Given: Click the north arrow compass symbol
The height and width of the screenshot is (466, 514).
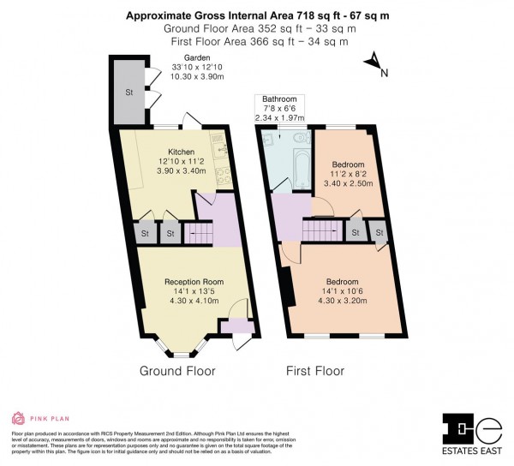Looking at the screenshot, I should (373, 61).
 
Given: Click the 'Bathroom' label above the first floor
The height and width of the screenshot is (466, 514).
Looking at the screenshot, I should (279, 99).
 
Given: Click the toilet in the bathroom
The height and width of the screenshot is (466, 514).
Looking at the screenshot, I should (298, 137).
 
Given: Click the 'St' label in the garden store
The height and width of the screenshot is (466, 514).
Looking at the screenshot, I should (128, 92).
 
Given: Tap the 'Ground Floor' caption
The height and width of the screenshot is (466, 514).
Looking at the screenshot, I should (177, 371).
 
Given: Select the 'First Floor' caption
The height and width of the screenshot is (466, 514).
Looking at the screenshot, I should (314, 371).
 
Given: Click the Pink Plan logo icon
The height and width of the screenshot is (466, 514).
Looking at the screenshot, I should (17, 419).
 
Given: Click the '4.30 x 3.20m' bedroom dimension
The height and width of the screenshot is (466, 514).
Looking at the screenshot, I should (342, 301).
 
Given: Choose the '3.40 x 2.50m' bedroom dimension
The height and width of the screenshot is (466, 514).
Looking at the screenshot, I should (349, 183).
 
